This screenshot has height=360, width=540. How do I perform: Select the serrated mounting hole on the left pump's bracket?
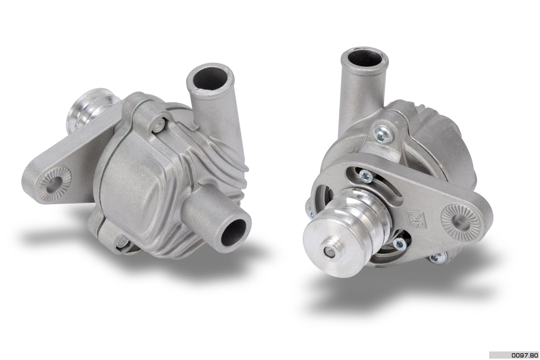[54, 182]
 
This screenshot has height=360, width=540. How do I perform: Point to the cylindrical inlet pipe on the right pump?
[360, 94]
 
